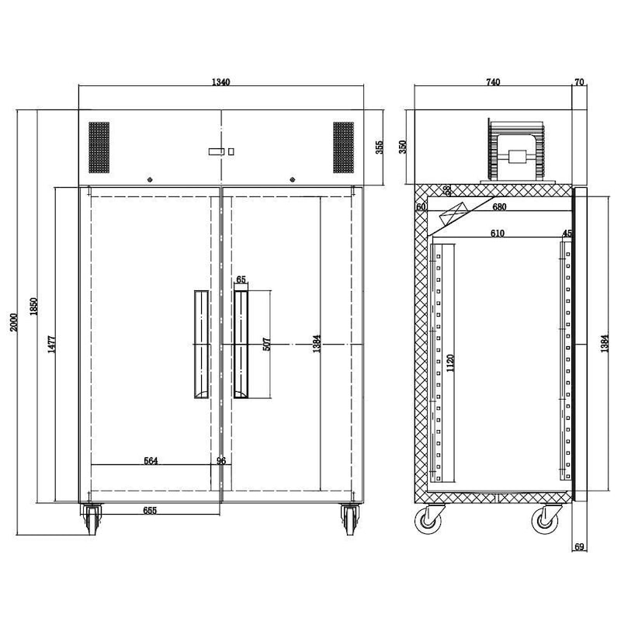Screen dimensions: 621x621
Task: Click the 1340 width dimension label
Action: coord(221,82)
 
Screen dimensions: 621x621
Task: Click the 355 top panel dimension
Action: coord(380,147)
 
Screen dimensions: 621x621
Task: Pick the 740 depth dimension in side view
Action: coord(492,82)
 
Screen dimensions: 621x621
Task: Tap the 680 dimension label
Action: coord(499,206)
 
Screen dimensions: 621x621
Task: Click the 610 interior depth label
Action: coord(497,233)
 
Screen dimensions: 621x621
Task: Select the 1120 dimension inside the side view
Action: coord(449,363)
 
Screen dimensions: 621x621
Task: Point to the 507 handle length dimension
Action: coord(266,344)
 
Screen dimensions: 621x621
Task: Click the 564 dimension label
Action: coord(151,460)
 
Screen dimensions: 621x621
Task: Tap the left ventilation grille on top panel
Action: coord(99,147)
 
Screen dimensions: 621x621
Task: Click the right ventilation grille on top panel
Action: coord(344,147)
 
